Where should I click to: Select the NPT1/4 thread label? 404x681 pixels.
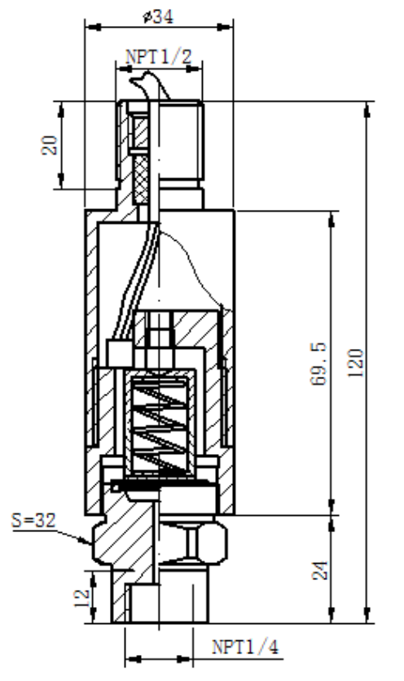(x=237, y=648)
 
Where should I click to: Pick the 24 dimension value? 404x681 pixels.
(x=320, y=570)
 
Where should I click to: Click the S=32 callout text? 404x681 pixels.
(x=36, y=517)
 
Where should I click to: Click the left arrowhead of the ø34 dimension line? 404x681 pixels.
(x=89, y=28)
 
